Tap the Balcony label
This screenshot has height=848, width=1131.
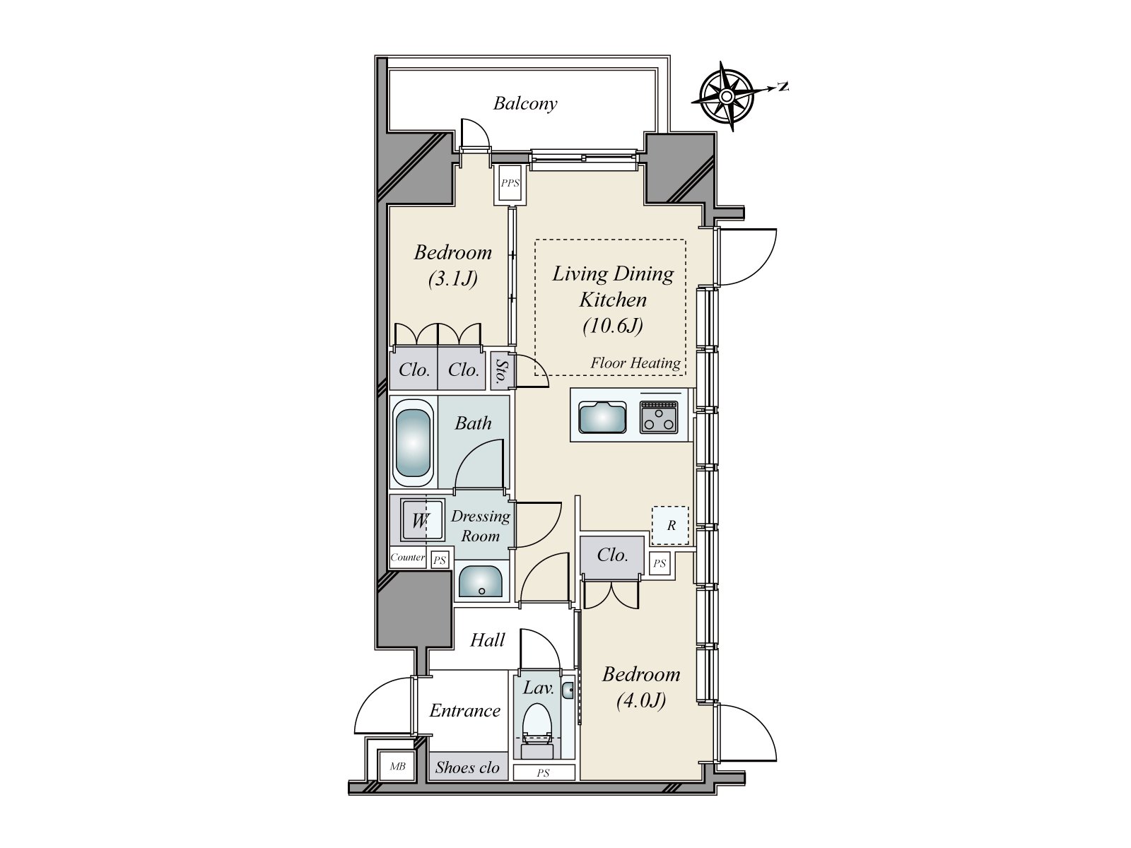coord(525,104)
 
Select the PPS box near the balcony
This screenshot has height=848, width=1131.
coord(510,183)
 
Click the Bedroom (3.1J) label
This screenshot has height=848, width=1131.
coord(452,265)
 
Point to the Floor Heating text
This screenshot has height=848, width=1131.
coord(635,363)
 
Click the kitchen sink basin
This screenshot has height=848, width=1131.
coord(602,416)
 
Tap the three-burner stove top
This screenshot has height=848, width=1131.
coord(659,416)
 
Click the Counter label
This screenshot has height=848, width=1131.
coord(407,558)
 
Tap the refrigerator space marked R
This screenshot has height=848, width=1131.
coord(670,525)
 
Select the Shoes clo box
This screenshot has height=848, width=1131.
coord(467,767)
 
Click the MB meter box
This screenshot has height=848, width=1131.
coord(397,766)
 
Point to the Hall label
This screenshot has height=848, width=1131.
coord(487,640)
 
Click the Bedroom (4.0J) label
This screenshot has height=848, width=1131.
coord(640,687)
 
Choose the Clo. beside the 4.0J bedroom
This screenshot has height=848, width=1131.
coord(612,555)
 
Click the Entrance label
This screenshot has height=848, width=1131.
coord(464,711)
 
